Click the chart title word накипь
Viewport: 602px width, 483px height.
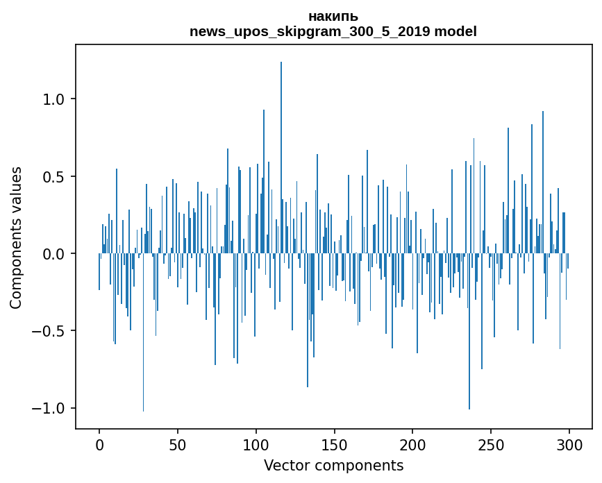333,17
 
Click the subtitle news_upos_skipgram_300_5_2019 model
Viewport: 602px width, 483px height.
333,31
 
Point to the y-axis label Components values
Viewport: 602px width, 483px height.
16,237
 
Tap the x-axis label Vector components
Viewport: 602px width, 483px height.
333,465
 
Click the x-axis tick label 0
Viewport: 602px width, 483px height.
99,443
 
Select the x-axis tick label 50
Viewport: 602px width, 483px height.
178,443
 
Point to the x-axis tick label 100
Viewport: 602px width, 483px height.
256,443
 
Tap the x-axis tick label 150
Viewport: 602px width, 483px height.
335,443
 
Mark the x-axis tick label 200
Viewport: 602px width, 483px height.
412,443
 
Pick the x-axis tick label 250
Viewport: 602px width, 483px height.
491,443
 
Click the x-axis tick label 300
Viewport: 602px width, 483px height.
569,443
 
